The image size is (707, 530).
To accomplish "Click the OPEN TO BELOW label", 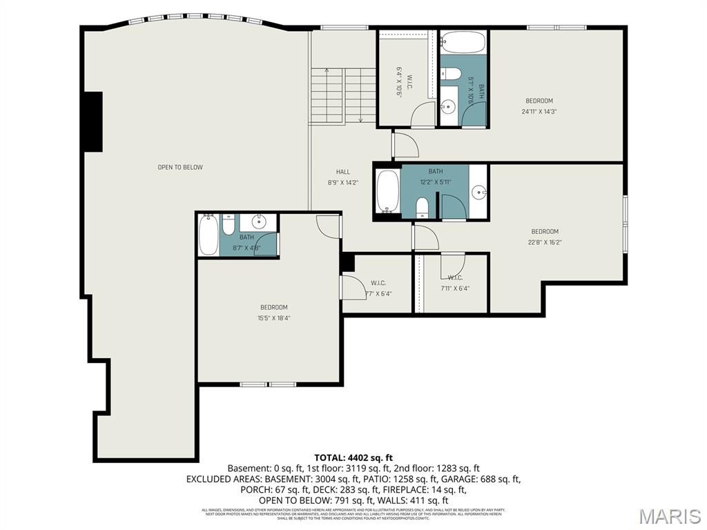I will point(180,167).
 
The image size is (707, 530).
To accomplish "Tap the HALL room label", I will point(343,172).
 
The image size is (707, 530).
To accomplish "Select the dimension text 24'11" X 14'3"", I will point(539,111).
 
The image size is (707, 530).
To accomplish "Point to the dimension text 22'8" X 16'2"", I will point(545,242).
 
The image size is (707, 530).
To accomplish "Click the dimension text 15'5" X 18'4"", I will point(273,318).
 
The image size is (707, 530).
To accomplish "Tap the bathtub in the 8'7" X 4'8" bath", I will point(208,235).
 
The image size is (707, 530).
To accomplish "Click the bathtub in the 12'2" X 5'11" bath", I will point(388,191).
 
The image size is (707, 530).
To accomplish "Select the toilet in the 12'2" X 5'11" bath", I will point(423,208).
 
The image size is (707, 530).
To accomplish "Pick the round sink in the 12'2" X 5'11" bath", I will point(478,191).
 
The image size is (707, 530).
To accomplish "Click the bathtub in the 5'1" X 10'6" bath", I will point(463,43).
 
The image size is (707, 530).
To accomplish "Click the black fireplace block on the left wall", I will point(92,121).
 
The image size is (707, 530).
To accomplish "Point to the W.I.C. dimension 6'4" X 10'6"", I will point(399,81).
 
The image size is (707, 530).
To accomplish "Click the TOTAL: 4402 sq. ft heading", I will point(353,457).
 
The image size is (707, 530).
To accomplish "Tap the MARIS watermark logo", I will point(668,516).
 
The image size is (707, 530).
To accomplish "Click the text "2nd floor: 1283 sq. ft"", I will point(436,468).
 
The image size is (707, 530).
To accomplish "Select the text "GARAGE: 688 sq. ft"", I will point(481,479).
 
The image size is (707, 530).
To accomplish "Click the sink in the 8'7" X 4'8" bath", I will point(260,222).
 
